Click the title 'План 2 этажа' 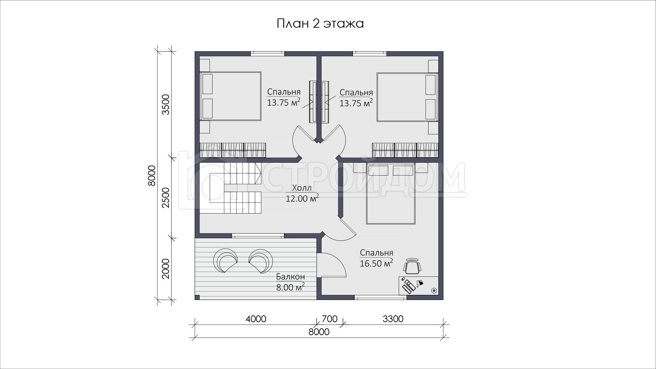pos(319,24)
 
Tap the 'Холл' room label pos(302,188)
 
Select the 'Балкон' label pos(290,277)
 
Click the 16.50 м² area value pos(377,263)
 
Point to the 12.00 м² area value pos(302,198)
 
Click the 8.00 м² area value pos(290,287)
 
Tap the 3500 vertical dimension pos(166,105)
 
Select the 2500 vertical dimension pos(166,197)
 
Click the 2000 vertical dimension pos(166,269)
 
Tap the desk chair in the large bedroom pos(412,266)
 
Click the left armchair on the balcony pos(224,261)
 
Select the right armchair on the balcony pos(261,261)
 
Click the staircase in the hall pos(230,188)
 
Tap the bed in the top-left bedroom pos(230,96)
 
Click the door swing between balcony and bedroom pos(331,265)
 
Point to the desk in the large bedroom pos(419,285)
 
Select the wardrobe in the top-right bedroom pos(405,150)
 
